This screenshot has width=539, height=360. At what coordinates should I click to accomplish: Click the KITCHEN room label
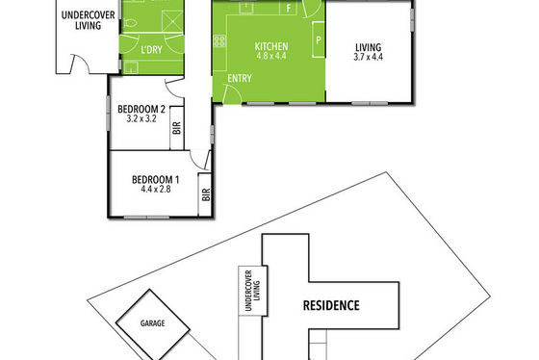pyautogui.click(x=271, y=46)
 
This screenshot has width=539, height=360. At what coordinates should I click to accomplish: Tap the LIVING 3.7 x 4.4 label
pyautogui.click(x=368, y=52)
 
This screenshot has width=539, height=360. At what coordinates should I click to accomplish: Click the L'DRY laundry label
pyautogui.click(x=152, y=50)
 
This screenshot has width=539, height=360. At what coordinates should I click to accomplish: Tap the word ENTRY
pyautogui.click(x=240, y=78)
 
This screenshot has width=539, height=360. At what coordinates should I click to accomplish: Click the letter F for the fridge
pyautogui.click(x=289, y=9)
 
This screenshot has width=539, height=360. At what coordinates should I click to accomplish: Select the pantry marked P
pyautogui.click(x=319, y=39)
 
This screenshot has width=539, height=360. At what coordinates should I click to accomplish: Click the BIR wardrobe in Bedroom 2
pyautogui.click(x=177, y=128)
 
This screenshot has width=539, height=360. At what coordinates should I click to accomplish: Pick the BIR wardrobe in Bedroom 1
pyautogui.click(x=206, y=194)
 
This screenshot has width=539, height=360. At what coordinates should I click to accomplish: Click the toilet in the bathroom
pyautogui.click(x=130, y=23)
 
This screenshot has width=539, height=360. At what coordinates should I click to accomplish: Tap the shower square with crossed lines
pyautogui.click(x=172, y=20)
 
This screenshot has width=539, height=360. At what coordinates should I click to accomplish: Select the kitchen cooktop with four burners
pyautogui.click(x=219, y=41)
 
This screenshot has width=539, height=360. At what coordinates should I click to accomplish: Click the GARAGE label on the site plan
pyautogui.click(x=152, y=323)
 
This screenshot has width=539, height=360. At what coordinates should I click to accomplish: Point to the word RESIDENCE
pyautogui.click(x=331, y=305)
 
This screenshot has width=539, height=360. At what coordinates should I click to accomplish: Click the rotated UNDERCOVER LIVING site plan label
pyautogui.click(x=252, y=291)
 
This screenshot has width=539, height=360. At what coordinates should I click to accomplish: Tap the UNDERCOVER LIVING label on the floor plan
pyautogui.click(x=88, y=20)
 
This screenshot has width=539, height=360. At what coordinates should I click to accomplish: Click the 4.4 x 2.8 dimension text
pyautogui.click(x=156, y=189)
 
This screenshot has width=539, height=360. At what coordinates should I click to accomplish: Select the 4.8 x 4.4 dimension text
pyautogui.click(x=271, y=56)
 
